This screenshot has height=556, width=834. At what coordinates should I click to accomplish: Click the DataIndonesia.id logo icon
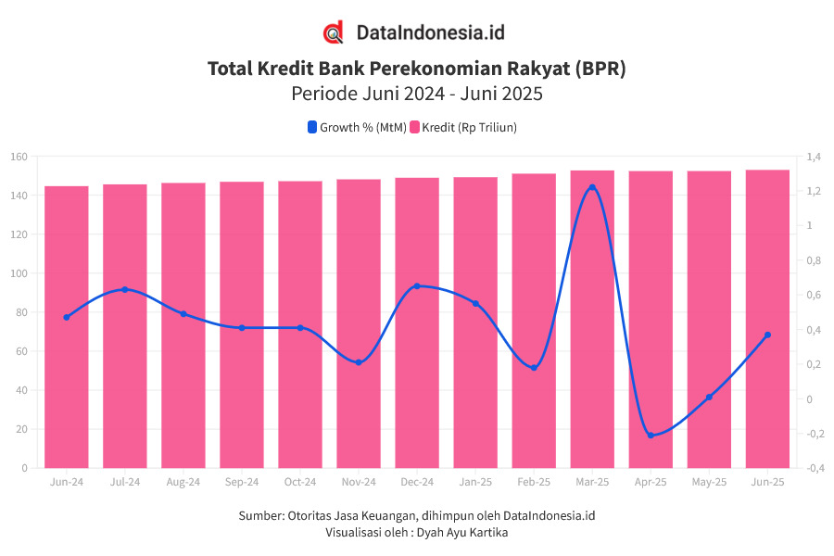point(334,32)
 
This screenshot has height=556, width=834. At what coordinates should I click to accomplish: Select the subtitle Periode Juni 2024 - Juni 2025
point(416,94)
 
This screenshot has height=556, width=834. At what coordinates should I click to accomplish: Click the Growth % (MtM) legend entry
point(357,128)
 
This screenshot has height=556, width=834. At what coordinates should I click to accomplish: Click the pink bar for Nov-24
point(359,323)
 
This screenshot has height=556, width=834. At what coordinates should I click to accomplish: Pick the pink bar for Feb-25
point(534,321)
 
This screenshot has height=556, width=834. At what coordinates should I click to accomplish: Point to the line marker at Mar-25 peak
point(592,187)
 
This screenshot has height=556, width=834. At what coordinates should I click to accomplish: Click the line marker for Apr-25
point(651,435)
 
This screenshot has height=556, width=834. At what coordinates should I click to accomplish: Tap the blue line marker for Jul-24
point(125,290)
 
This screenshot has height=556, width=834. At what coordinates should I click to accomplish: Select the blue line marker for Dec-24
point(417,286)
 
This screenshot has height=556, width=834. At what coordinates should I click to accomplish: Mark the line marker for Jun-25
point(767,335)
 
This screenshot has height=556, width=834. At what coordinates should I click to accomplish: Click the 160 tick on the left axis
point(19,157)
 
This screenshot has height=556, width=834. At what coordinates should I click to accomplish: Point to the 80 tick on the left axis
point(21,312)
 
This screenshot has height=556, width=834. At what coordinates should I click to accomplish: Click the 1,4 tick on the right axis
point(813,157)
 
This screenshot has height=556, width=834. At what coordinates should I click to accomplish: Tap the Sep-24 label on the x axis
point(242,482)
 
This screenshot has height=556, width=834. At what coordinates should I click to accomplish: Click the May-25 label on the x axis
point(709,482)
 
